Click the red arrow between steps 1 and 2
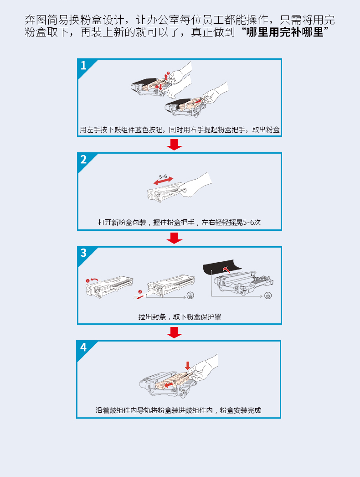[174, 145]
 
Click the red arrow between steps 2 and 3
[174, 238]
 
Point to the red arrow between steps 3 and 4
[174, 332]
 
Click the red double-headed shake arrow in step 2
[163, 181]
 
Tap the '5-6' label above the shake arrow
[163, 176]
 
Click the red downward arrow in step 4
[188, 366]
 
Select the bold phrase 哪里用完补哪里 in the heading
[285, 32]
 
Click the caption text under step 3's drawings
[180, 316]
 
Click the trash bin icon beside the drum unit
[268, 296]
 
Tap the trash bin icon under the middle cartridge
[190, 296]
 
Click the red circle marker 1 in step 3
[87, 280]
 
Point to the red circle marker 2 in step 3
[140, 292]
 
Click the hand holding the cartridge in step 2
[196, 185]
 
